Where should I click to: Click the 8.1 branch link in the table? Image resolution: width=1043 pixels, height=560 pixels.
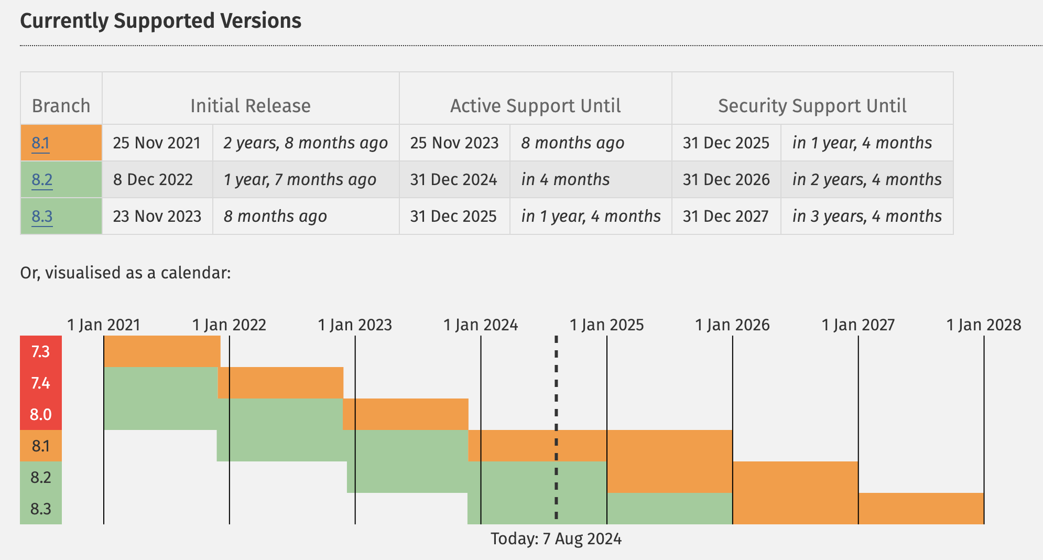click(x=40, y=143)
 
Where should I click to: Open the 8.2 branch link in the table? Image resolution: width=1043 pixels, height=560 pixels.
click(x=42, y=180)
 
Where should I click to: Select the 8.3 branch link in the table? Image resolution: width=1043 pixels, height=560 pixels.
click(x=42, y=217)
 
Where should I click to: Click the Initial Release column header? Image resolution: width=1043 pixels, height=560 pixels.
click(x=250, y=106)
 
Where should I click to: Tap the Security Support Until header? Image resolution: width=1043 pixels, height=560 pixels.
click(x=812, y=106)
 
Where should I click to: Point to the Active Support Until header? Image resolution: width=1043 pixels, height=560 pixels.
click(x=535, y=106)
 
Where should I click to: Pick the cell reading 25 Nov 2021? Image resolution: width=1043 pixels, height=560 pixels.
click(x=157, y=143)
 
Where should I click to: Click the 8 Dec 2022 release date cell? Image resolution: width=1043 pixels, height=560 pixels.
click(x=153, y=180)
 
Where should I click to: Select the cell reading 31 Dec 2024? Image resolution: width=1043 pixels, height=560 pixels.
click(x=453, y=180)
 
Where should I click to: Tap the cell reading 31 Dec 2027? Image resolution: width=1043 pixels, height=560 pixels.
click(x=725, y=217)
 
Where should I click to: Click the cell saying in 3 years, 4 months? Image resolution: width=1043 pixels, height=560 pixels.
click(x=867, y=217)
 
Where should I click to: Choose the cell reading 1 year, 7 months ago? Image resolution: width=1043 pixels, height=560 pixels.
click(x=300, y=180)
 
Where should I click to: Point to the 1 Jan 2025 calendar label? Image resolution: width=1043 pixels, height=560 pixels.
click(x=606, y=325)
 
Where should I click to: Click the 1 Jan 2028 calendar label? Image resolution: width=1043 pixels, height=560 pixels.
click(x=984, y=325)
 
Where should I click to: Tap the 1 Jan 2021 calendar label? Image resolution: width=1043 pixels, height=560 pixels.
click(x=104, y=325)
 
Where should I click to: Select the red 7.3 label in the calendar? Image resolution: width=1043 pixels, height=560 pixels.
click(x=40, y=351)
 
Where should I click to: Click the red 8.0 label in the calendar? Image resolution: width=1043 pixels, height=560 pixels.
click(x=40, y=415)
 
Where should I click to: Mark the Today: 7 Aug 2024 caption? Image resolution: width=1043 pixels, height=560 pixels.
click(x=556, y=539)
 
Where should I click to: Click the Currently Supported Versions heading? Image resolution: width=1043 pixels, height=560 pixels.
click(x=160, y=21)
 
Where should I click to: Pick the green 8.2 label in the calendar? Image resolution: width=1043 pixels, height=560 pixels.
click(x=40, y=478)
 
